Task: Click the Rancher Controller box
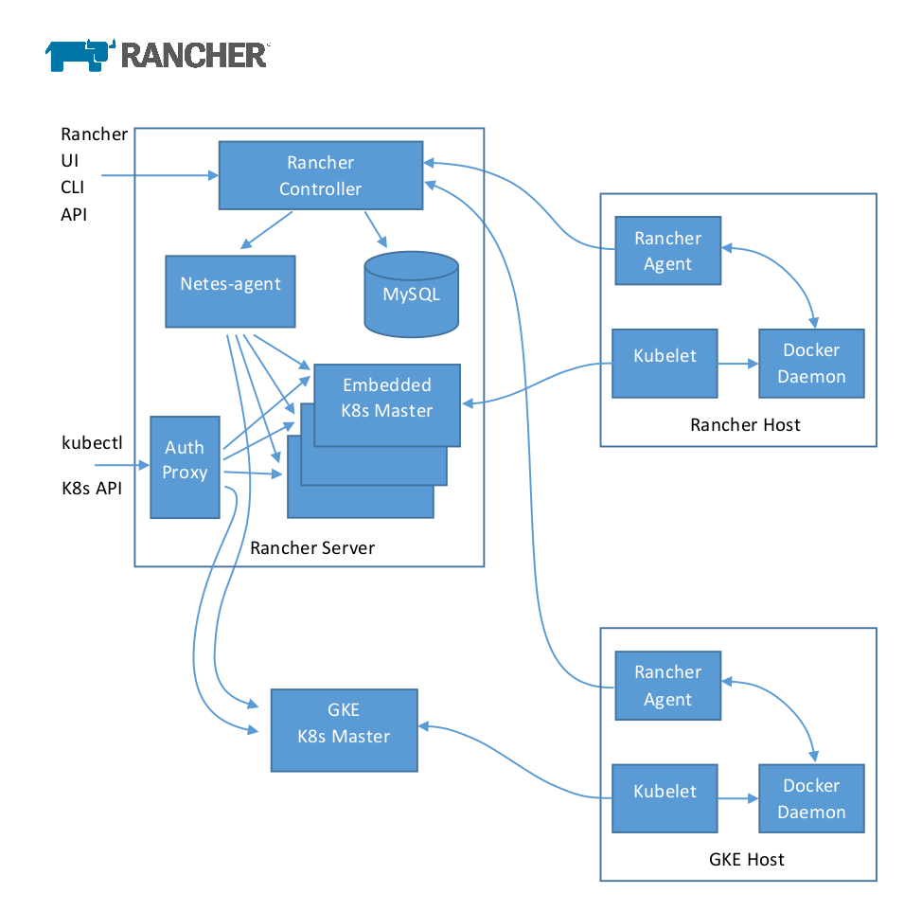(x=321, y=175)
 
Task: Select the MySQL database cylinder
(x=411, y=295)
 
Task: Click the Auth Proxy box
(x=185, y=467)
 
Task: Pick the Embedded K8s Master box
(x=387, y=398)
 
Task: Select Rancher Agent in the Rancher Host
(x=667, y=251)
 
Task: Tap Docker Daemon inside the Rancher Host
(x=811, y=363)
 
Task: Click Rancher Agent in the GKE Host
(x=667, y=686)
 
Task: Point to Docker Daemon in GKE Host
(x=811, y=798)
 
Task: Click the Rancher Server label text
(x=312, y=548)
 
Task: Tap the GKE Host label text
(x=746, y=860)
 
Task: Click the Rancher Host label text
(x=745, y=424)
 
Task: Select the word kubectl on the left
(x=92, y=442)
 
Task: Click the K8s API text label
(x=92, y=490)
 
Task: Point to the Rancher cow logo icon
(x=80, y=54)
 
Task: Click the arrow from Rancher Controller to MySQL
(x=376, y=227)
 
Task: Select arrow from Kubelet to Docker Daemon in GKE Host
(x=737, y=798)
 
